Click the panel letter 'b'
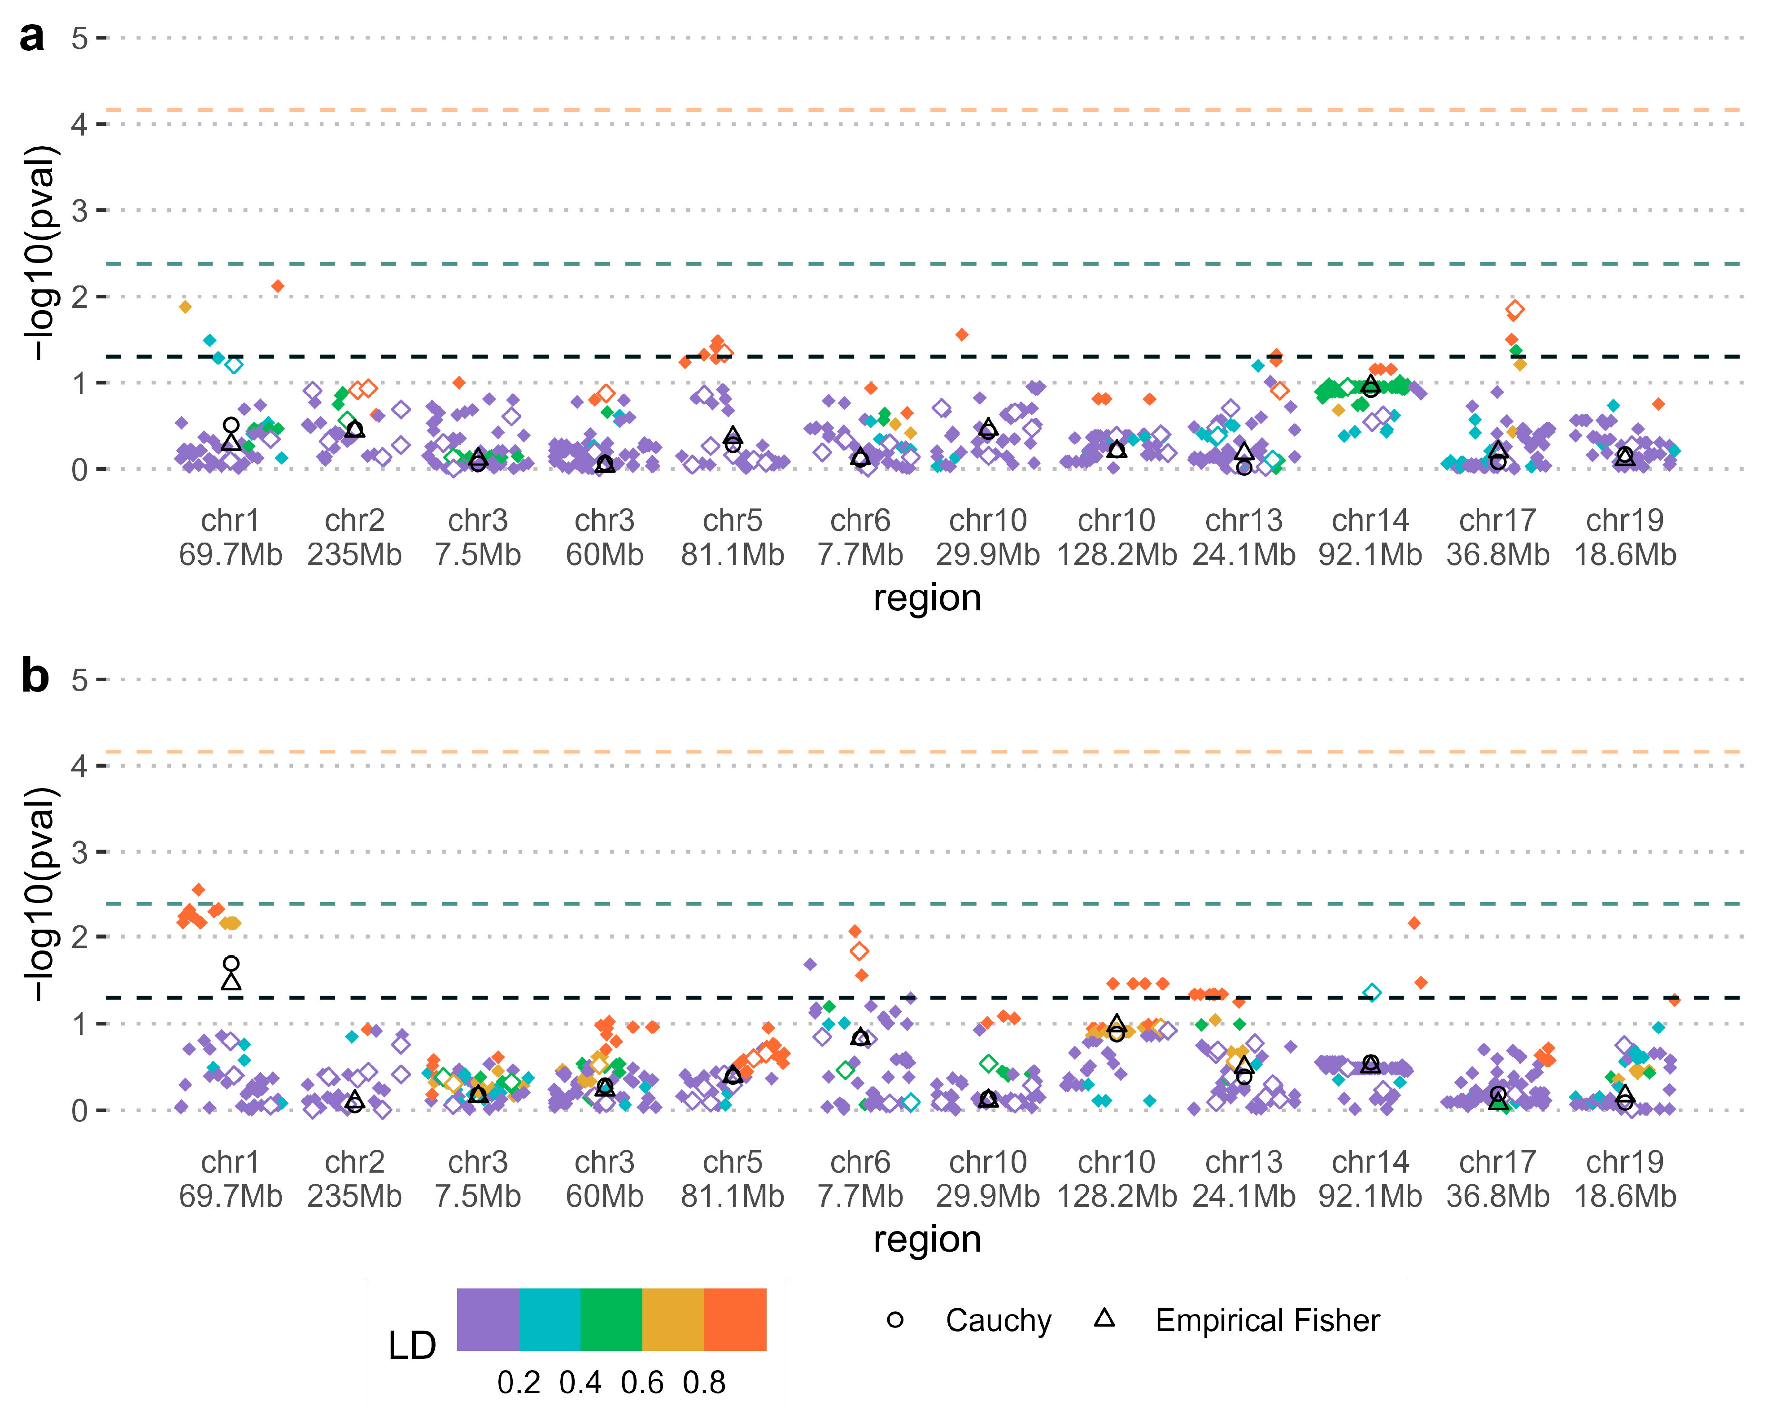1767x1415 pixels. click(x=35, y=677)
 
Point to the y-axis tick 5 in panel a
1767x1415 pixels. click(x=79, y=38)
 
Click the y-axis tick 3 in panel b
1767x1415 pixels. click(x=79, y=853)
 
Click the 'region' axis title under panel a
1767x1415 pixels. click(x=927, y=599)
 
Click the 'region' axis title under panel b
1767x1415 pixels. click(x=927, y=1240)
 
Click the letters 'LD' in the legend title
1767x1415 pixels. click(x=411, y=1346)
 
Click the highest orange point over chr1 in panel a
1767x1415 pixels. click(x=278, y=286)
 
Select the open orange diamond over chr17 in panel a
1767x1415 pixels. click(x=1514, y=309)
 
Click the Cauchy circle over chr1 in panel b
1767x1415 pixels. click(x=231, y=963)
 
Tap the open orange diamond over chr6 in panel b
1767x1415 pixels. click(x=859, y=951)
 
